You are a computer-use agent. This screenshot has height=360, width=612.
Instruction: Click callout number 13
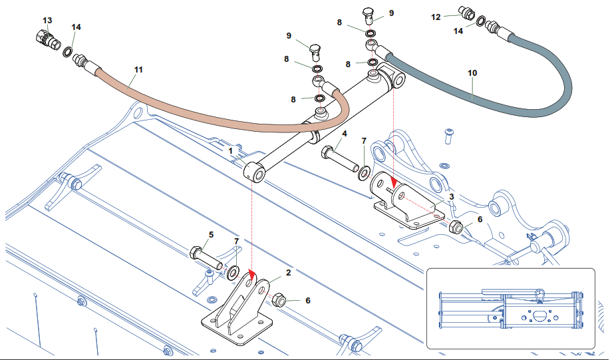[47, 21]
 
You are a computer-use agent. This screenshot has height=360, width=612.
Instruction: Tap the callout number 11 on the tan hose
[138, 69]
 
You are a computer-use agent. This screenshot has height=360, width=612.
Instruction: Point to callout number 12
[436, 17]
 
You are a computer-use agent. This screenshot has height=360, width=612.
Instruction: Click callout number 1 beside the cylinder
[230, 152]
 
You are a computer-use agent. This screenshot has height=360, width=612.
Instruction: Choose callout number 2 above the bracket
[289, 273]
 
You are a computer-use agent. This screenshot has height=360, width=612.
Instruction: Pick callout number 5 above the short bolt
[211, 235]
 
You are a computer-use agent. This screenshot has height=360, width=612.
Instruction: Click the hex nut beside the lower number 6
[279, 301]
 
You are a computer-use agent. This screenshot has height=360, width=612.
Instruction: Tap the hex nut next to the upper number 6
[456, 227]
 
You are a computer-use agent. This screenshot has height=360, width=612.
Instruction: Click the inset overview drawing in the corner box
[510, 309]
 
